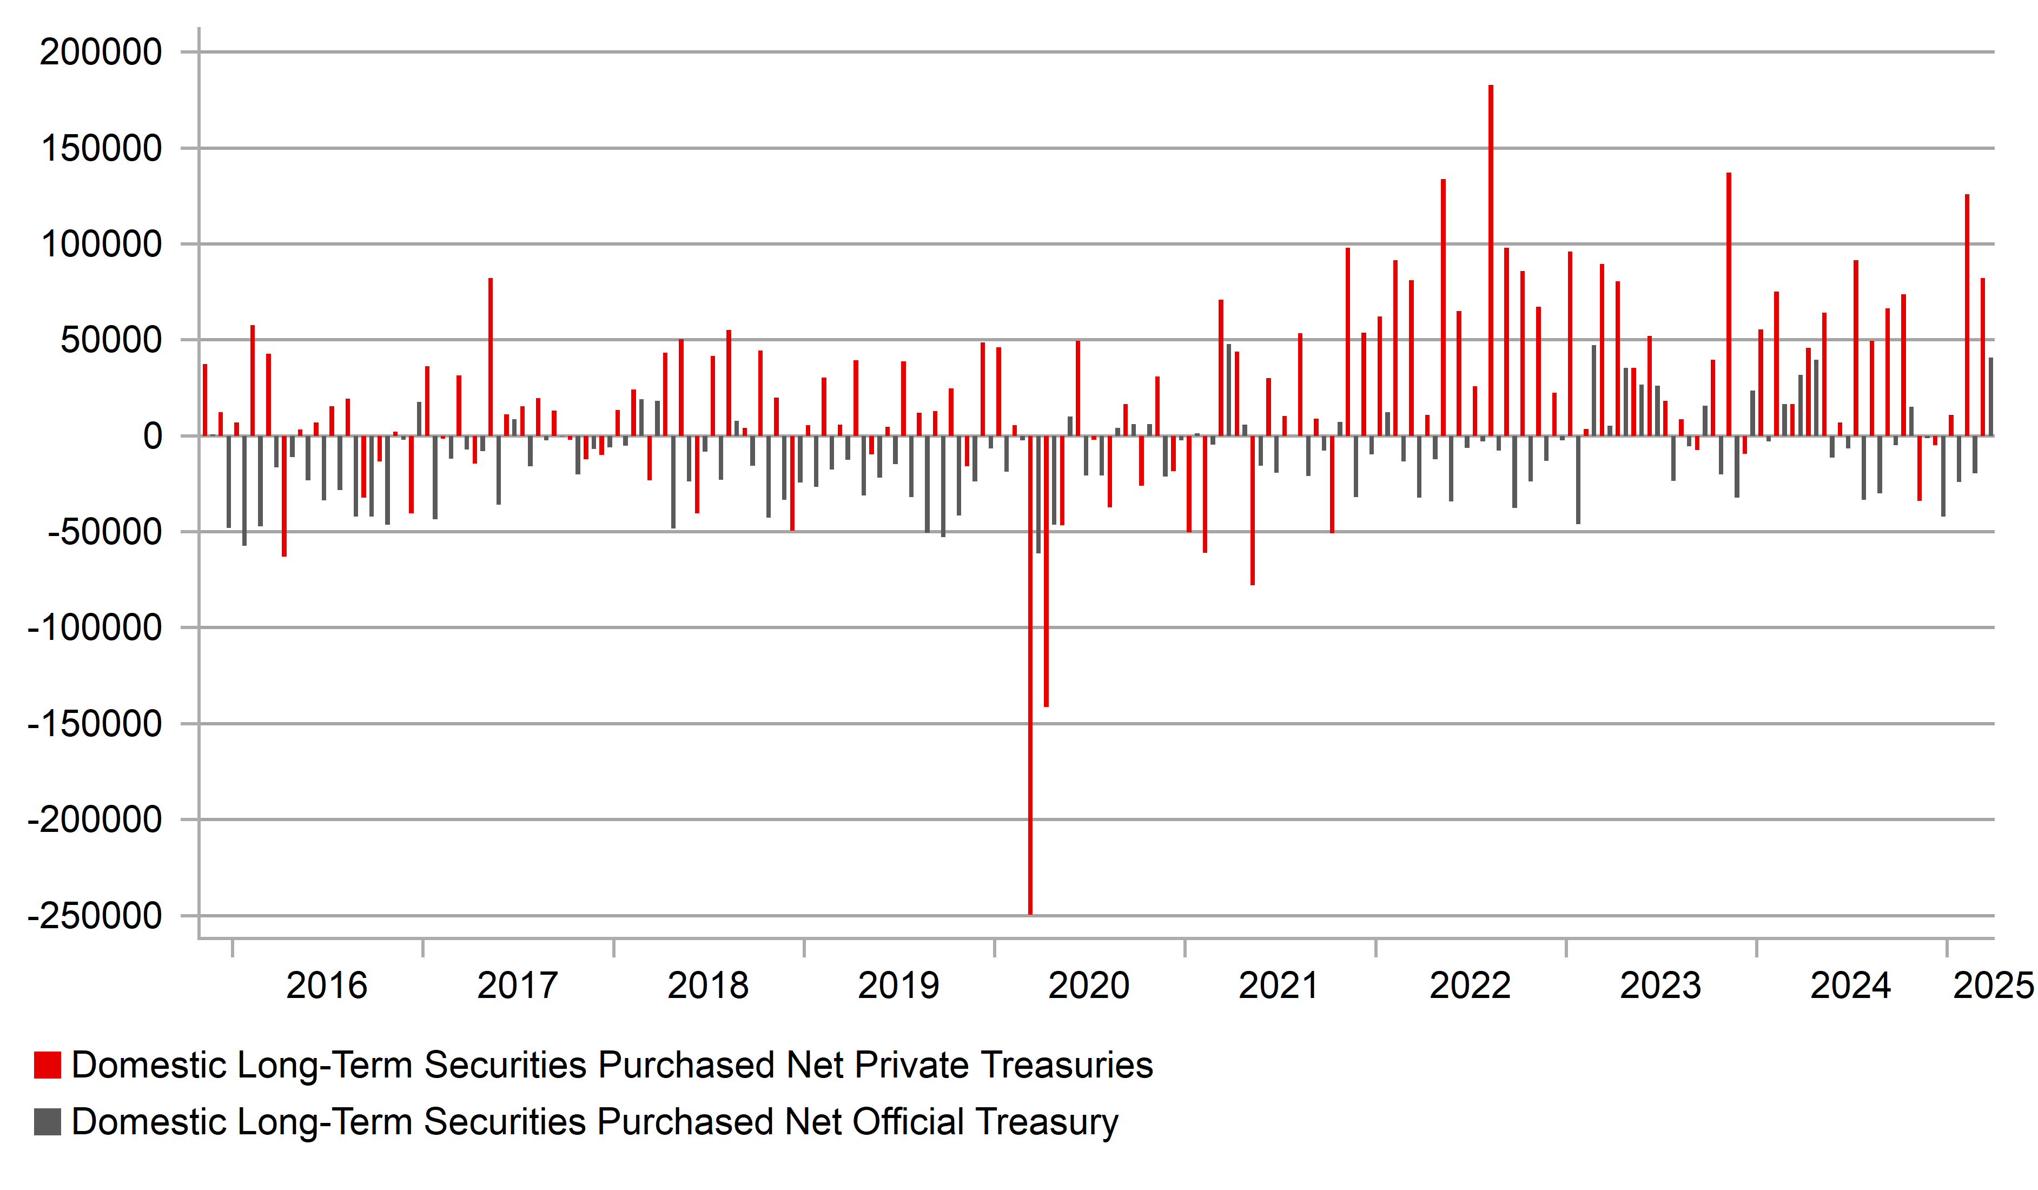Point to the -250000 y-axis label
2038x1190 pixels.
pyautogui.click(x=95, y=916)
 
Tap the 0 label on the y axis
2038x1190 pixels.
pyautogui.click(x=152, y=437)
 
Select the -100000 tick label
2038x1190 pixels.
pyautogui.click(x=95, y=629)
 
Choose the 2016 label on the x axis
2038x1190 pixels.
pyautogui.click(x=327, y=986)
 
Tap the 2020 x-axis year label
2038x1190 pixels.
pyautogui.click(x=1089, y=986)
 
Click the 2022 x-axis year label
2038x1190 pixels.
pyautogui.click(x=1470, y=986)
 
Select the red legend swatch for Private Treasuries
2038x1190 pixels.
pyautogui.click(x=47, y=1066)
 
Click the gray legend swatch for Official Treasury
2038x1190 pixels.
pyautogui.click(x=47, y=1122)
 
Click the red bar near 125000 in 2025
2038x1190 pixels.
pyautogui.click(x=1967, y=315)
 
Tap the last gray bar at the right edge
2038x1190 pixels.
pyautogui.click(x=1990, y=396)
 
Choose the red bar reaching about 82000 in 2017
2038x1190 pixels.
pyautogui.click(x=490, y=356)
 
